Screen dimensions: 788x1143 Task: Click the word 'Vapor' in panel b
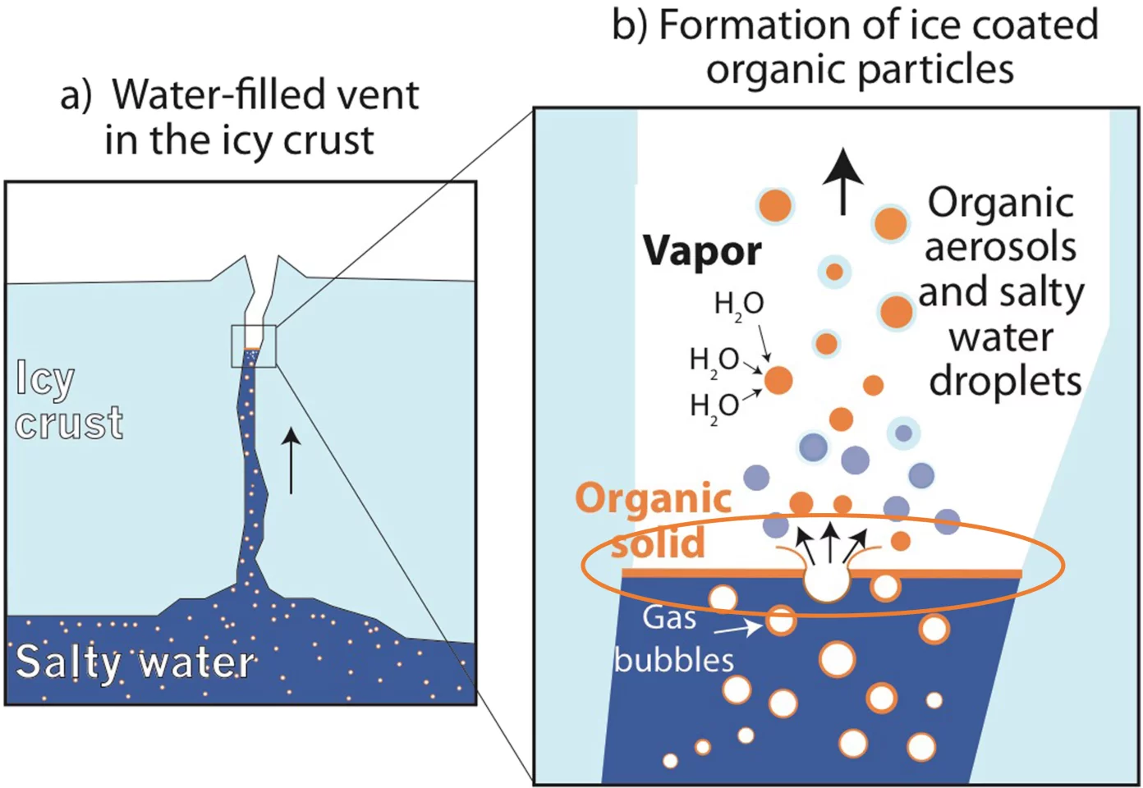click(x=701, y=251)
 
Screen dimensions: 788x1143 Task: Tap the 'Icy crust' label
click(x=69, y=401)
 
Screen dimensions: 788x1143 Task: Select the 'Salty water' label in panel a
click(x=135, y=662)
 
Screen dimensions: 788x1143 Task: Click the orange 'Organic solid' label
click(x=654, y=520)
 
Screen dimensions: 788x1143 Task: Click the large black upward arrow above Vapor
click(x=842, y=180)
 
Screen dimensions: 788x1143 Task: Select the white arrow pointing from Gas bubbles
click(x=737, y=630)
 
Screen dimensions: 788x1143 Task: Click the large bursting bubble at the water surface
click(x=826, y=582)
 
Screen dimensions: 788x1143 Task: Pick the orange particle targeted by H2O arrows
click(x=778, y=380)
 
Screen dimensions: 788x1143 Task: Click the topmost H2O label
click(x=739, y=305)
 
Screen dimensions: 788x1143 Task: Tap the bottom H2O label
click(x=714, y=406)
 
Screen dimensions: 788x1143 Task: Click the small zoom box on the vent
click(x=254, y=346)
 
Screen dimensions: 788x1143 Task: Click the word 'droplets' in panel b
click(x=1005, y=381)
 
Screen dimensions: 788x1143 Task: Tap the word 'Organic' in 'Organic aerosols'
click(x=1000, y=202)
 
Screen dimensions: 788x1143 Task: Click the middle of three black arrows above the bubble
click(x=830, y=541)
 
